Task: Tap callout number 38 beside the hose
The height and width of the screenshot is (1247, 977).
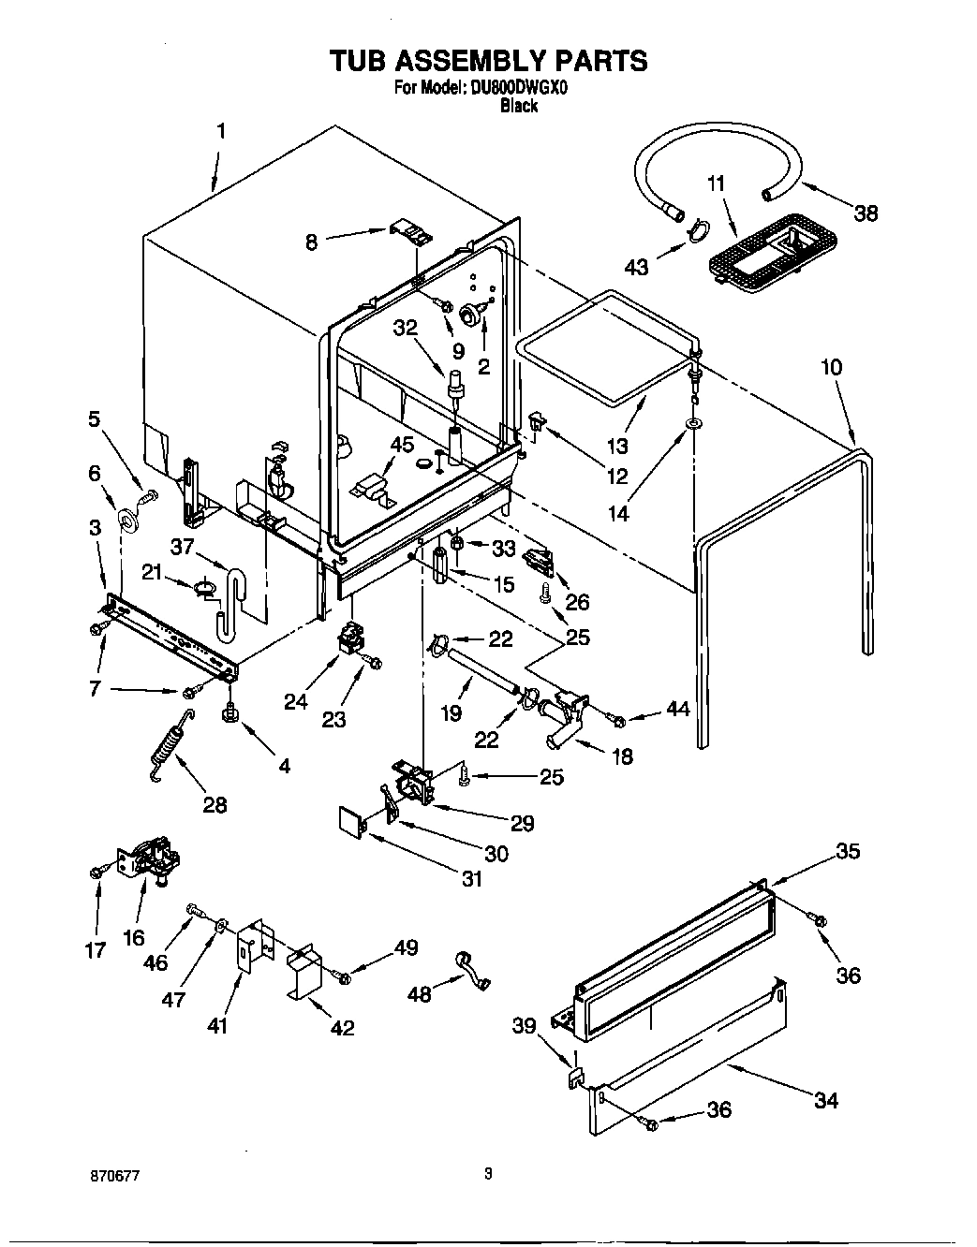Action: pos(866,213)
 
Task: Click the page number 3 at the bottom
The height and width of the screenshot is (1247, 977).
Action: pos(488,1174)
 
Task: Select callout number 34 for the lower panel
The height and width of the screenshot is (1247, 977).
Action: pos(825,1100)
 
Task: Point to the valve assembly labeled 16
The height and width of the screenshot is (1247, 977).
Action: pos(152,861)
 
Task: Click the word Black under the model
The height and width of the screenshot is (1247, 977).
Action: pos(518,106)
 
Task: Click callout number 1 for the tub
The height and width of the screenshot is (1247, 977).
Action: pos(221,131)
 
